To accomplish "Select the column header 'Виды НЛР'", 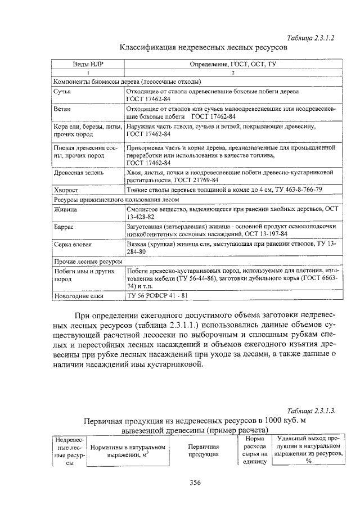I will [88, 64].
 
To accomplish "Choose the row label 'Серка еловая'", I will [73, 245].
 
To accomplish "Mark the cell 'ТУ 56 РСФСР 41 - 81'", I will [157, 296].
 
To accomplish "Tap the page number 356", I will [195, 482].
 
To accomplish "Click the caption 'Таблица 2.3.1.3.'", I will [311, 411].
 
